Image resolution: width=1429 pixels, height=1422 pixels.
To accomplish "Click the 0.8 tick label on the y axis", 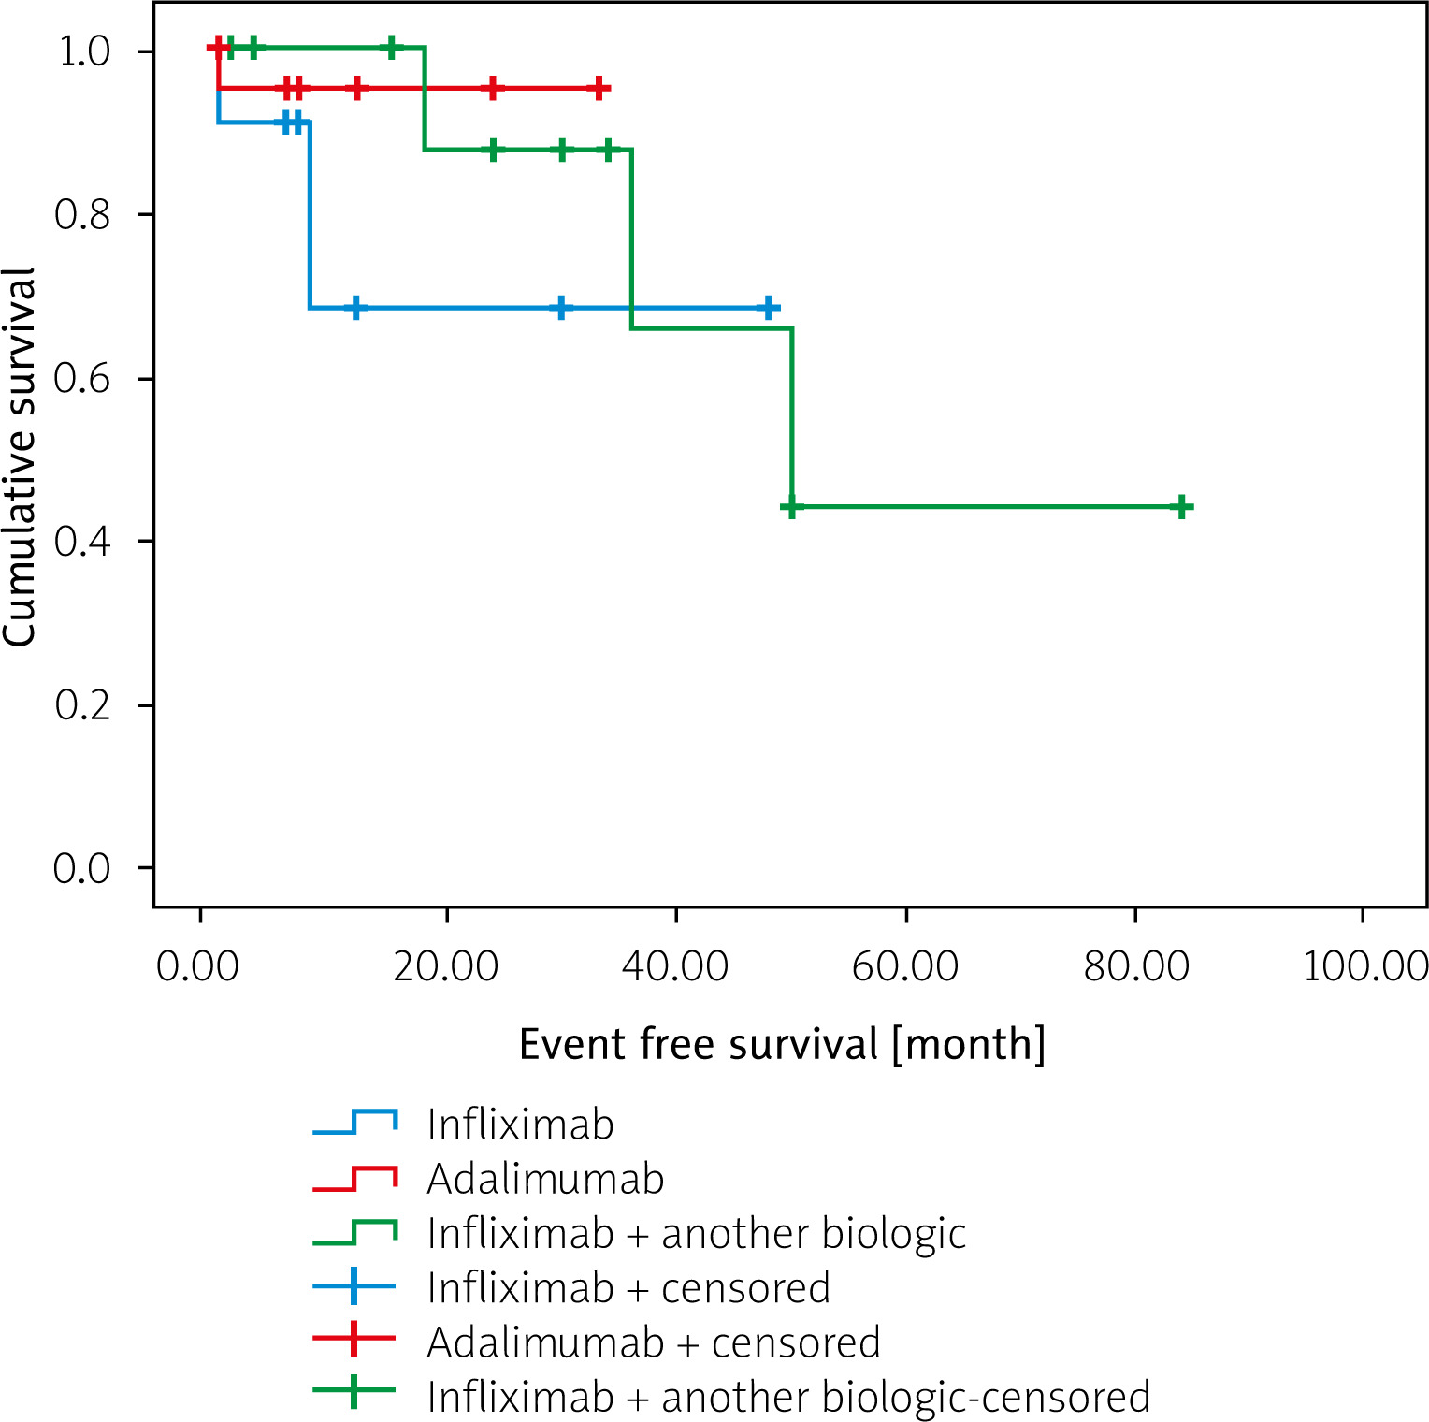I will pos(81,214).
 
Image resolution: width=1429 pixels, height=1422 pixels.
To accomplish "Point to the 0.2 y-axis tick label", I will pos(81,704).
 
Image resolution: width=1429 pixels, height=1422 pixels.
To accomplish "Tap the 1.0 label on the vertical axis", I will pos(84,51).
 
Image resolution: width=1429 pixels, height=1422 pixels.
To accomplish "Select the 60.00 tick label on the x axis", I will pos(905,965).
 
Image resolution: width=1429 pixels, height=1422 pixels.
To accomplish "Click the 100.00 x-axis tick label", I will pos(1364,965).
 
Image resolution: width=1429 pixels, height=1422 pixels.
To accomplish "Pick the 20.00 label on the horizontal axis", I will pos(446,965).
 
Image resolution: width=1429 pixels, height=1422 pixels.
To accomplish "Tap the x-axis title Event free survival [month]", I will pos(782,1044).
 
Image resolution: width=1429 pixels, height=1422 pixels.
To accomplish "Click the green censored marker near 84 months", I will pos(1182,507).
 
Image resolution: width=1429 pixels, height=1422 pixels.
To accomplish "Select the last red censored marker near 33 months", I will pos(599,89).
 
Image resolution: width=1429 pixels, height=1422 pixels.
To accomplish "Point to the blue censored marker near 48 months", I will pos(768,308).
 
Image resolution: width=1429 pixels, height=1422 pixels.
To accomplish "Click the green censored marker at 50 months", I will pos(792,507).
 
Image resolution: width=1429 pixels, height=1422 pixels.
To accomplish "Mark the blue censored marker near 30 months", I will pos(561,308).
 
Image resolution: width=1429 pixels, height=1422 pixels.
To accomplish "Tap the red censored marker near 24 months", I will pos(493,89).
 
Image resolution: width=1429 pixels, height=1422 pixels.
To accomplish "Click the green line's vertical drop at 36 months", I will pos(631,239).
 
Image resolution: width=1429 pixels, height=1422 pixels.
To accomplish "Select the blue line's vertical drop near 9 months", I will pos(309,215).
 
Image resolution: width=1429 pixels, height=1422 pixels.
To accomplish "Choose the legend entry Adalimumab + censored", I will pos(653,1342).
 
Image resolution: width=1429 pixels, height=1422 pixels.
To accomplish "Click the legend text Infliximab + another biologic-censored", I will pos(787,1397).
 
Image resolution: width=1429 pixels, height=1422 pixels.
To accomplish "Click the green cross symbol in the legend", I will pos(354,1390).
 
